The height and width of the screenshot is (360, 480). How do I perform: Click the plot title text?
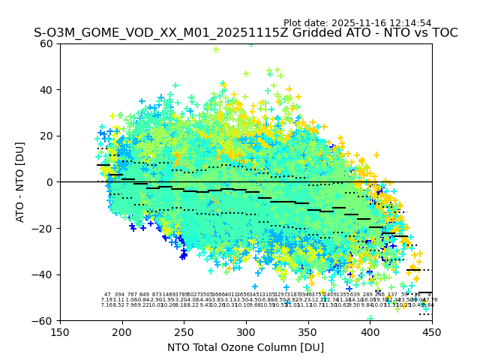pyautogui.click(x=245, y=33)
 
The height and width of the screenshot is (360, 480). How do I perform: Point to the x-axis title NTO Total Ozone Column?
pyautogui.click(x=245, y=347)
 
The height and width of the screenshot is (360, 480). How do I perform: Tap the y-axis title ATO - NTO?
pyautogui.click(x=20, y=182)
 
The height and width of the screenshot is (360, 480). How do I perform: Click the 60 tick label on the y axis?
pyautogui.click(x=47, y=43)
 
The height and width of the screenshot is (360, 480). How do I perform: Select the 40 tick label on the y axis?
pyautogui.click(x=47, y=90)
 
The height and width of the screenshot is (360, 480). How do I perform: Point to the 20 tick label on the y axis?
pyautogui.click(x=47, y=136)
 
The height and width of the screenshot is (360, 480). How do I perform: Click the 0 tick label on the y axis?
pyautogui.click(x=50, y=182)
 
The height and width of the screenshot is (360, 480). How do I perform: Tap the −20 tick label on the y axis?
pyautogui.click(x=43, y=228)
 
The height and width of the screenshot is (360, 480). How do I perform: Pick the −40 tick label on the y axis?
pyautogui.click(x=43, y=274)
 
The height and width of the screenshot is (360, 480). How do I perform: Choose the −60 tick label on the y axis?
pyautogui.click(x=43, y=320)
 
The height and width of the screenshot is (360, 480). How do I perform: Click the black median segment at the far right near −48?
pyautogui.click(x=425, y=292)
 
